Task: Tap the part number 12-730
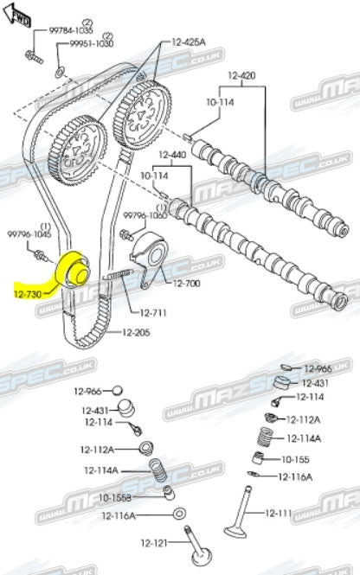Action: pos(29,294)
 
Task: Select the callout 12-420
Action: pos(243,75)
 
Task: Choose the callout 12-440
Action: pos(173,155)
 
